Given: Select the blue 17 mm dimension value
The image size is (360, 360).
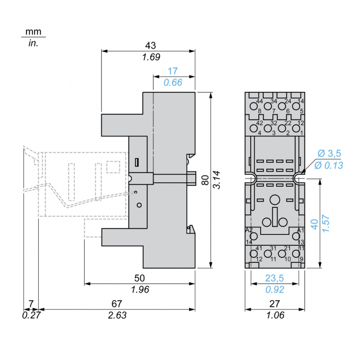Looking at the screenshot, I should tap(173, 71).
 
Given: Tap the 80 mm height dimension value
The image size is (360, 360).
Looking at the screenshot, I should tap(205, 180).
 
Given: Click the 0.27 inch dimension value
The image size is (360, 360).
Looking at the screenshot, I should tap(31, 315).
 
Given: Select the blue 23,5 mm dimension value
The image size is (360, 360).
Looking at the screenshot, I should tap(274, 278).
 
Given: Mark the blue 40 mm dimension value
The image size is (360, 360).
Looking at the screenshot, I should tap(315, 223).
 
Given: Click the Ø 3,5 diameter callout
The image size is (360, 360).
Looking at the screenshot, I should tap(328, 153).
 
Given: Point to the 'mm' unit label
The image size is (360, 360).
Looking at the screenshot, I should tap(33, 32).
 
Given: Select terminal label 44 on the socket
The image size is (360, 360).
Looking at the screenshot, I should tap(259, 101).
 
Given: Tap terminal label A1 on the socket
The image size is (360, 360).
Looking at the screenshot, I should tap(301, 230).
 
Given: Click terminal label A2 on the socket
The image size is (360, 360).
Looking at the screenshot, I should tap(249, 230).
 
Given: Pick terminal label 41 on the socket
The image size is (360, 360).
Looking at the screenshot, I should tap(259, 248).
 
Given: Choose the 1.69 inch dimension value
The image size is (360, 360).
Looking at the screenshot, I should tap(151, 57).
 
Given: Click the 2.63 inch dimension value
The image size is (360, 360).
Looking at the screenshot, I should tap(117, 315).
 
